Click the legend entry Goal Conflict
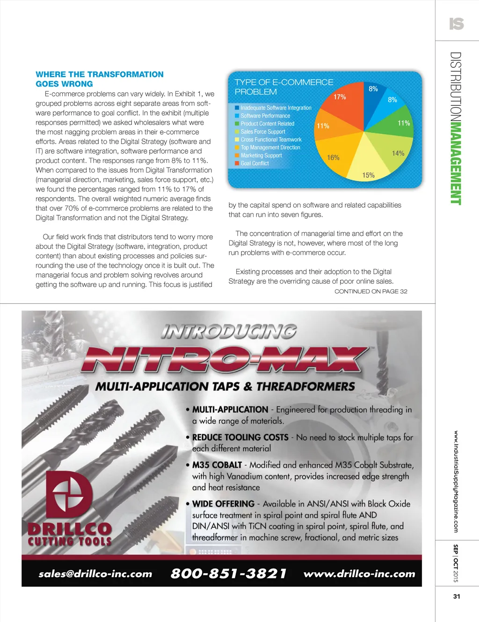[254, 163]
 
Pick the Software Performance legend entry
[265, 116]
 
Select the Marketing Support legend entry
[261, 155]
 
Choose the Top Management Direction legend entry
[270, 147]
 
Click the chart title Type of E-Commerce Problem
[283, 87]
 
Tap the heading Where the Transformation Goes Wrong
[99, 79]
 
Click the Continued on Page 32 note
[370, 291]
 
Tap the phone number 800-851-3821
[228, 573]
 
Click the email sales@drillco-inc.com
[95, 574]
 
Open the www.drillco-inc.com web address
[359, 574]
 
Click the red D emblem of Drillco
[70, 496]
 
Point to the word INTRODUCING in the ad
[229, 331]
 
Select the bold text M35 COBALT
[217, 465]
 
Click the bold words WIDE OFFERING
[223, 504]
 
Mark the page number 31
[457, 596]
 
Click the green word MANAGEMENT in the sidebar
[456, 163]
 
